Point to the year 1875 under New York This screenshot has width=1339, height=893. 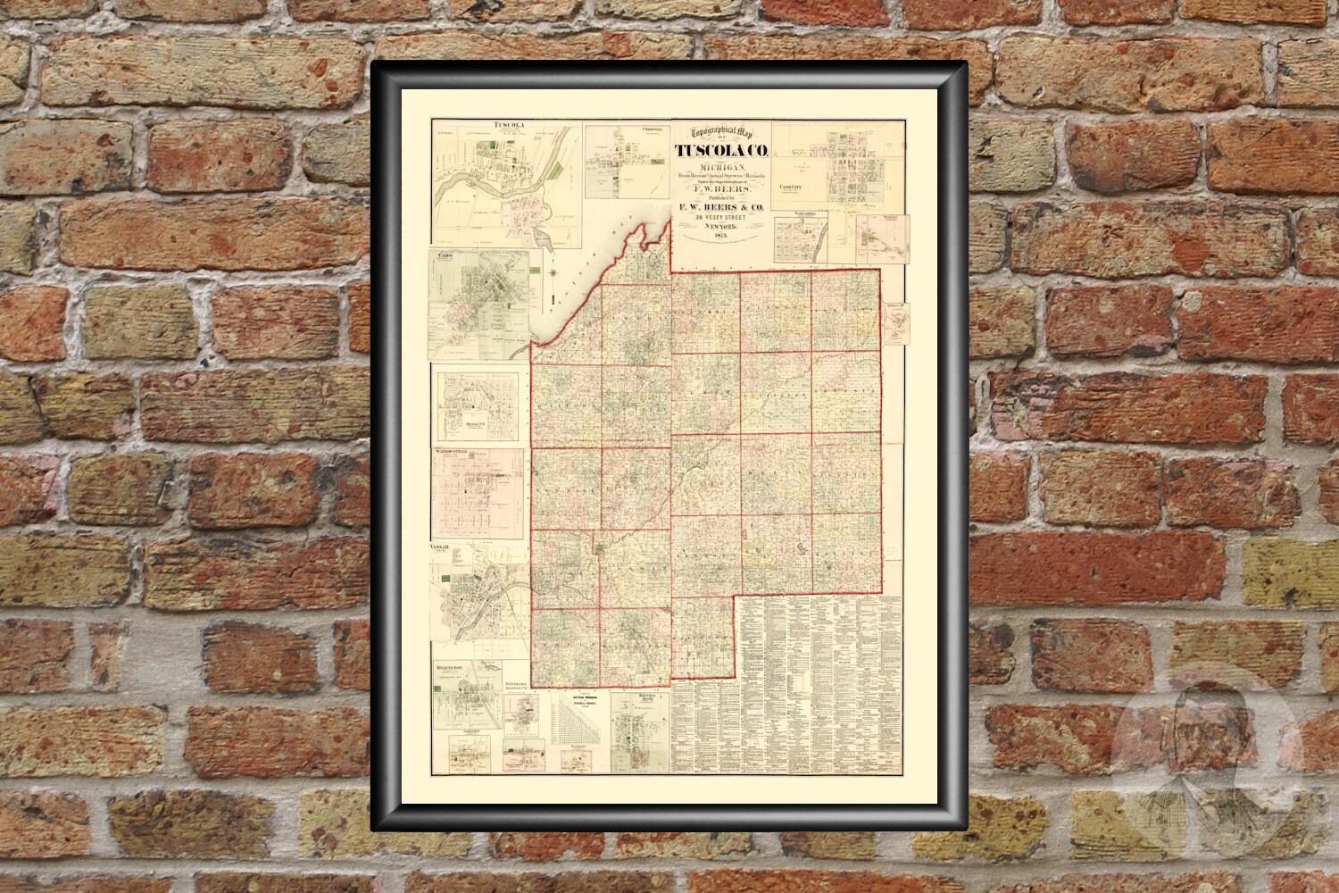point(721,245)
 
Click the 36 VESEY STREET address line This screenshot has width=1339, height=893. point(721,221)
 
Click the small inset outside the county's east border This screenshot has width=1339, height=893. point(895,322)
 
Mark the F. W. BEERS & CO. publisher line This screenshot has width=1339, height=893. point(721,208)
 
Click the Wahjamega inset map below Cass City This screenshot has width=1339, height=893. point(800,237)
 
